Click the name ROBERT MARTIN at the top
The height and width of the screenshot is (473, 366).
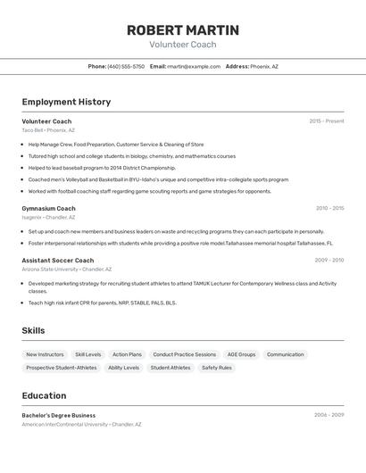(182, 29)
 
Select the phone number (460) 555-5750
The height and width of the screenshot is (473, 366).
(126, 66)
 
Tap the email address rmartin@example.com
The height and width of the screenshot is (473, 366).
(194, 66)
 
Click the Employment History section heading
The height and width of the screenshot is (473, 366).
(66, 102)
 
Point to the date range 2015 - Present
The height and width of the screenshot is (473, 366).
(326, 121)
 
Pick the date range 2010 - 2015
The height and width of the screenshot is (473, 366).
(329, 208)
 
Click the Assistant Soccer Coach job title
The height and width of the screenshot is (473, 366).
(57, 261)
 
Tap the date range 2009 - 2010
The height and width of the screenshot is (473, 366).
(329, 261)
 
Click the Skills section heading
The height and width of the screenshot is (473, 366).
(33, 330)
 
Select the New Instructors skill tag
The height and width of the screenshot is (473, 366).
(45, 354)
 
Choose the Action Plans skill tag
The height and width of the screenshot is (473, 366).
(127, 354)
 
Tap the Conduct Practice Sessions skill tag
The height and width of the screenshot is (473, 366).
(184, 354)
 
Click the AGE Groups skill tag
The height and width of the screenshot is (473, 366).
(241, 354)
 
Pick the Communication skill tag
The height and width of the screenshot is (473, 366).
(285, 354)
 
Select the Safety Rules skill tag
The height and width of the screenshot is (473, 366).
(216, 368)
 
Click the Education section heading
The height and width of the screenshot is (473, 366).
(44, 395)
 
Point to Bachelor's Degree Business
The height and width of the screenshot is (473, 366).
(59, 415)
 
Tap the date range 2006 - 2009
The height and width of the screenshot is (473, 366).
(329, 415)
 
